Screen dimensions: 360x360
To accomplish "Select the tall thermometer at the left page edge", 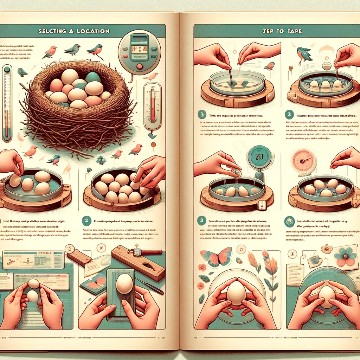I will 7,102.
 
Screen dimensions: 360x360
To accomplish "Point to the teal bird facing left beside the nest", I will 22,72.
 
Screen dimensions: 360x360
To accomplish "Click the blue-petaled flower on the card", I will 345,256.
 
